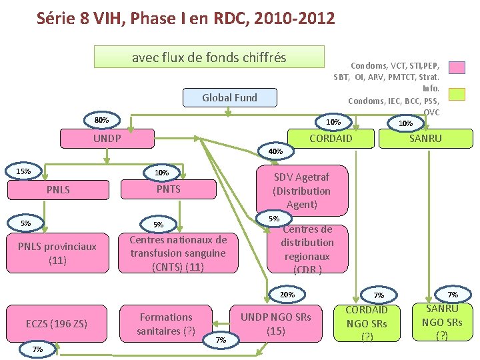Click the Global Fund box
[x=229, y=97]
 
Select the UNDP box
[x=107, y=139]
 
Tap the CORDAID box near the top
[x=331, y=139]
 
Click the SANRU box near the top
[x=425, y=139]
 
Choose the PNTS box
[x=168, y=189]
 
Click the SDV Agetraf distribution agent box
[x=301, y=191]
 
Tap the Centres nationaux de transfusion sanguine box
[x=178, y=253]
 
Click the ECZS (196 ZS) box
[x=57, y=324]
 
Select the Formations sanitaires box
[x=166, y=324]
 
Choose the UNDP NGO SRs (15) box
[x=276, y=324]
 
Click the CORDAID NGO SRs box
[x=367, y=323]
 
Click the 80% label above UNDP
[x=101, y=120]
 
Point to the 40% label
[x=276, y=152]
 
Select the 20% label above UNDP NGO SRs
[x=287, y=295]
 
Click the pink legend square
[x=457, y=67]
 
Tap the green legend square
[x=457, y=94]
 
